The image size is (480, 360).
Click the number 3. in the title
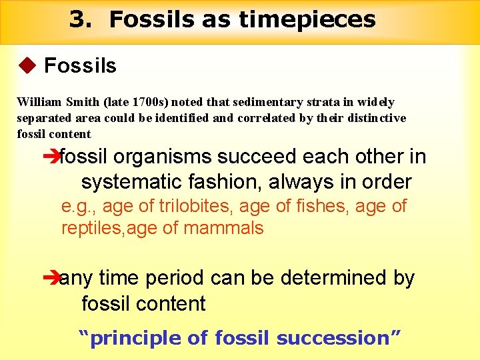click(80, 19)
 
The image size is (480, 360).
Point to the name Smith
click(83, 102)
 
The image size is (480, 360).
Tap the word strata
click(305, 102)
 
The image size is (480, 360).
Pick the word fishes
click(310, 207)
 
